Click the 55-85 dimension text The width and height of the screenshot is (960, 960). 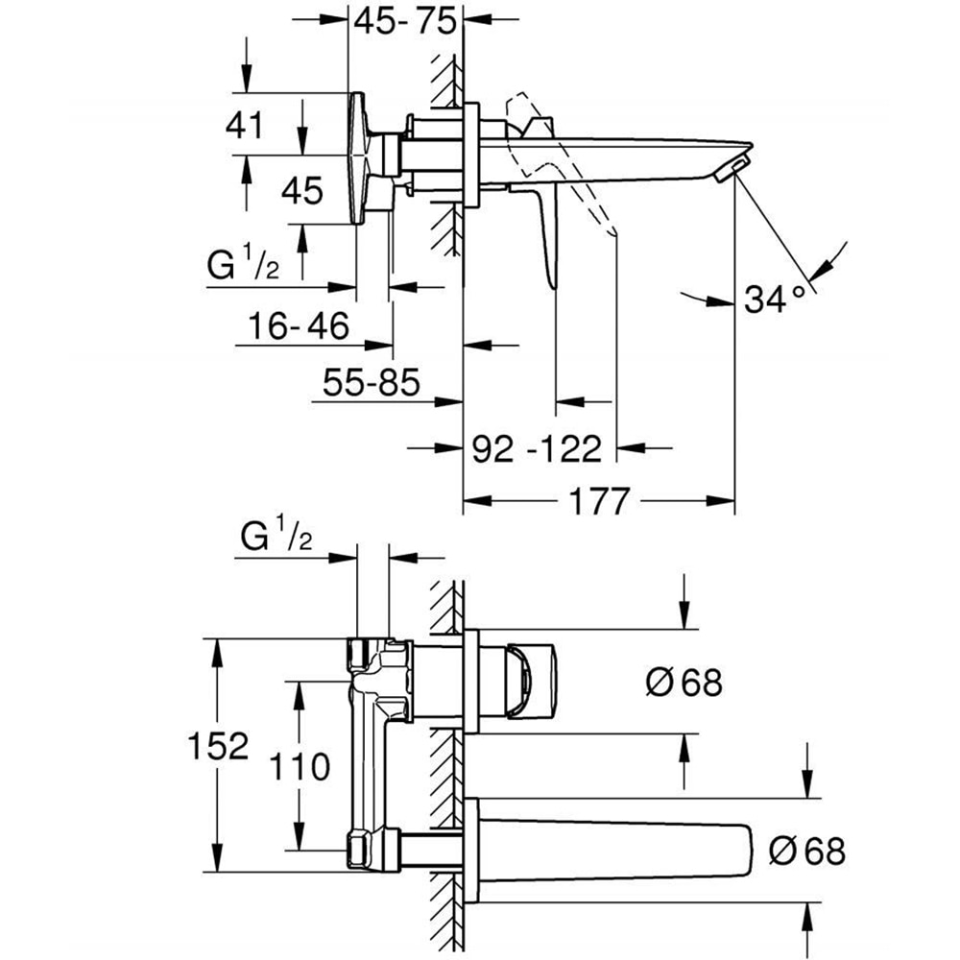pyautogui.click(x=372, y=384)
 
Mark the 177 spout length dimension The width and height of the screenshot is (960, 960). pyautogui.click(x=602, y=500)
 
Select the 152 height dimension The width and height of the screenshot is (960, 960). pyautogui.click(x=219, y=745)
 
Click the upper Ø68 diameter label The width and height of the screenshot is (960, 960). pyautogui.click(x=683, y=683)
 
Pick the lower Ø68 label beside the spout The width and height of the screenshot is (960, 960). pyautogui.click(x=806, y=850)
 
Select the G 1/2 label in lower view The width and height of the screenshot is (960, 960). pyautogui.click(x=275, y=538)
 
